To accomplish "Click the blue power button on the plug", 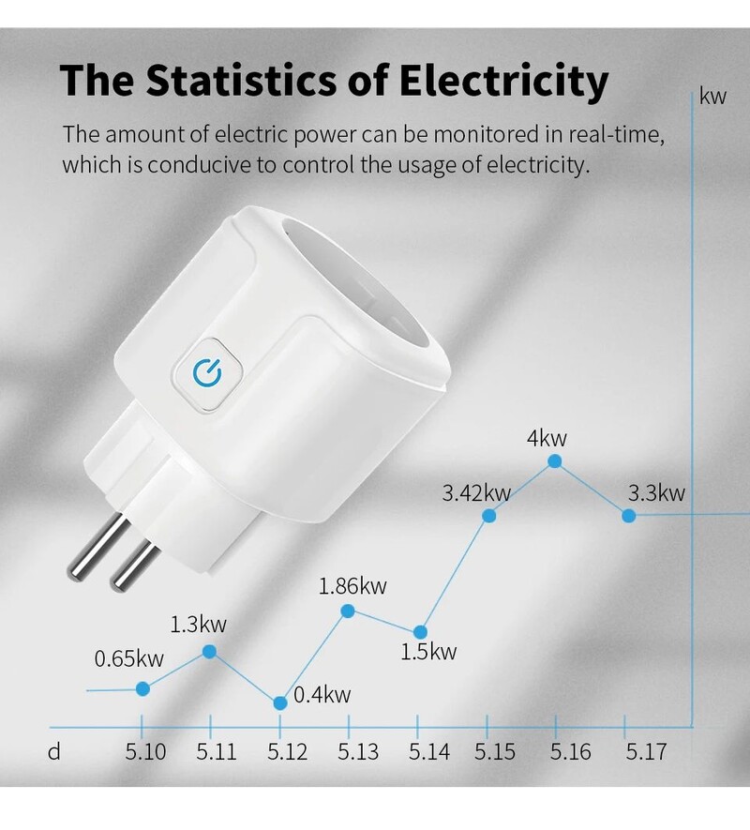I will [x=206, y=373].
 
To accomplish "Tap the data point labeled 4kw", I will [x=555, y=461].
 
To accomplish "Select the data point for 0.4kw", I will [x=279, y=703].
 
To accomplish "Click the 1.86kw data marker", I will [x=348, y=611].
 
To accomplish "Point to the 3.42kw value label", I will [x=476, y=492].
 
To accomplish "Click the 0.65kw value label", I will [x=128, y=658].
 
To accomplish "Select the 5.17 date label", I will [x=646, y=752].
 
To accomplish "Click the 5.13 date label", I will [x=358, y=752].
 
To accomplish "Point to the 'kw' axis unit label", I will [x=713, y=98].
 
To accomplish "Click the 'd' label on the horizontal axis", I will [x=53, y=752].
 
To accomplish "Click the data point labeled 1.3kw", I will [x=210, y=651].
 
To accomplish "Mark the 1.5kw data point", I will [x=420, y=632].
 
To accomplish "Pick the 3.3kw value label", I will [x=656, y=492].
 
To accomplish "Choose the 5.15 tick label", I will [x=495, y=752].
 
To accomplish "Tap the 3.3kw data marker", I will [x=628, y=515].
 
